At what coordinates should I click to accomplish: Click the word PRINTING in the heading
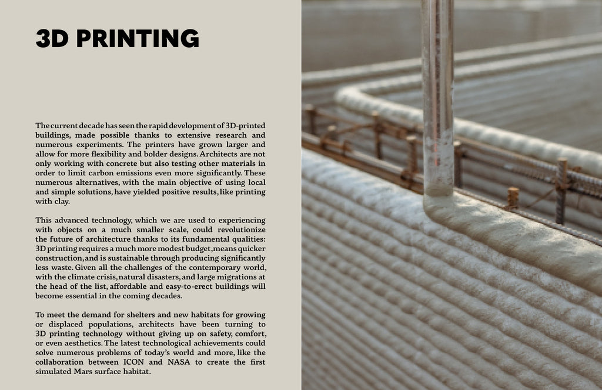[138, 38]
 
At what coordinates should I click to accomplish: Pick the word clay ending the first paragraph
[61, 201]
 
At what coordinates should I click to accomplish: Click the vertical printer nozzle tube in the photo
[437, 94]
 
